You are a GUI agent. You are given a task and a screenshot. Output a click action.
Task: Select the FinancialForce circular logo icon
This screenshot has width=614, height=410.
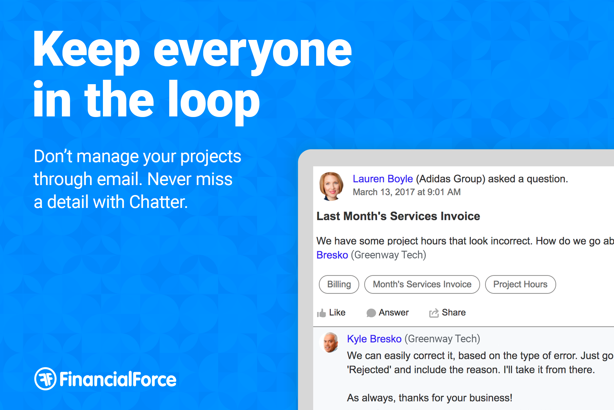point(45,379)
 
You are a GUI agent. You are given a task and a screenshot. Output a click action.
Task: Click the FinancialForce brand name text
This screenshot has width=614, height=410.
point(118,379)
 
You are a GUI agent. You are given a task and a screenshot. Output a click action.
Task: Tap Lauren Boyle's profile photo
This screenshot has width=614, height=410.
point(331,186)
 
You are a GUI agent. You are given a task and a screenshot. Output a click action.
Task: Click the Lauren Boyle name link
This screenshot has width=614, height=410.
point(382,179)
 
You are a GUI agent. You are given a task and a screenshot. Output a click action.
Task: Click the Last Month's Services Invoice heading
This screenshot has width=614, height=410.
point(398,216)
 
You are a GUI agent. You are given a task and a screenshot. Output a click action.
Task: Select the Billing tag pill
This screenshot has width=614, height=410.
point(339,284)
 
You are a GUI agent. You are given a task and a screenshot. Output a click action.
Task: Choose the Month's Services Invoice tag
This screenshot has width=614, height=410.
point(422,284)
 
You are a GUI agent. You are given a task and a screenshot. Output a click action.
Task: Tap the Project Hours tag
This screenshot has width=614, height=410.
point(520,284)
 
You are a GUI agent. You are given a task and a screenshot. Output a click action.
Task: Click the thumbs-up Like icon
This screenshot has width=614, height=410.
point(321,313)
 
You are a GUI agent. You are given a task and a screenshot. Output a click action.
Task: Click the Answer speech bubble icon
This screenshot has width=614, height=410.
point(371,313)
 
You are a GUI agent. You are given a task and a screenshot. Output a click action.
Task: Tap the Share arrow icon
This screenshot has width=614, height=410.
point(434,313)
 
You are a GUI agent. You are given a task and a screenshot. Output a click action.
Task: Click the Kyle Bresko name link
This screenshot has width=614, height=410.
point(374,339)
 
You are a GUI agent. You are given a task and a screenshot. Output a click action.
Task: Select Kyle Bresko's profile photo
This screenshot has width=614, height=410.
point(330,342)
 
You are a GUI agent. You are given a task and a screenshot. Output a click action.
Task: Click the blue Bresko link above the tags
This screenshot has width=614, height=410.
point(332,255)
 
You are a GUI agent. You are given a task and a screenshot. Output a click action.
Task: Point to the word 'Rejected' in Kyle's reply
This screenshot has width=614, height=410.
point(369,370)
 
